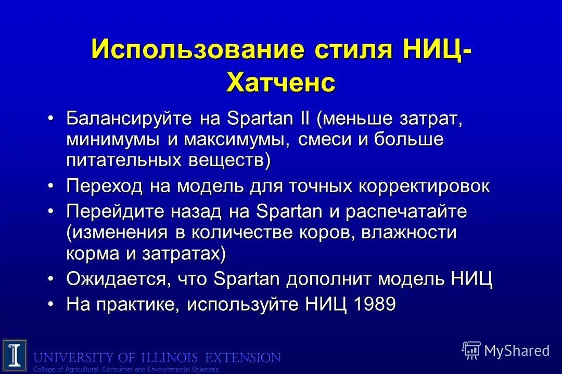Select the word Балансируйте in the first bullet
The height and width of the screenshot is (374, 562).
129,119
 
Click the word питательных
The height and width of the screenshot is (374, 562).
122,161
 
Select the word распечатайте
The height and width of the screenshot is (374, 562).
406,212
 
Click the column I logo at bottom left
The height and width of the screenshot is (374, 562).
14,355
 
